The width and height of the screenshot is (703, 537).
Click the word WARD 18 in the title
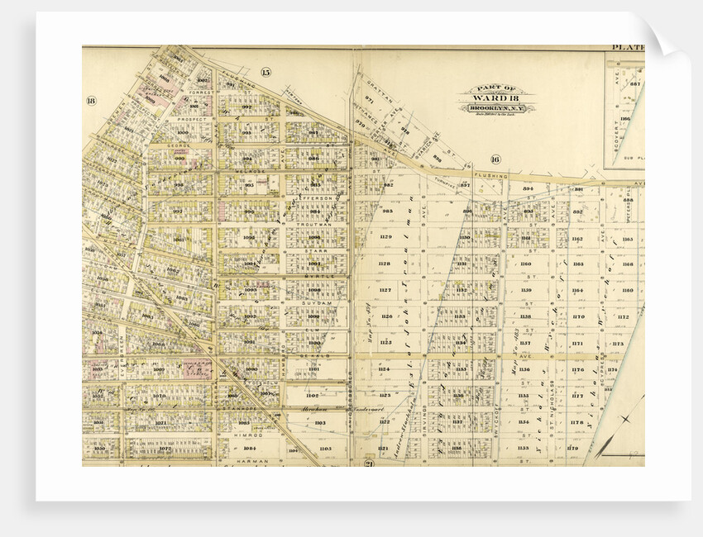coord(497,97)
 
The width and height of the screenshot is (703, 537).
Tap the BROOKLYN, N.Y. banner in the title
coord(497,108)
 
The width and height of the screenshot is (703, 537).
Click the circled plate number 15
coord(265,73)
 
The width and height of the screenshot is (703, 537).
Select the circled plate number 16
coord(495,159)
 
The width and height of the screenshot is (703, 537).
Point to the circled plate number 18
coord(91,101)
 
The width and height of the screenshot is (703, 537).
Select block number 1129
coord(385,238)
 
